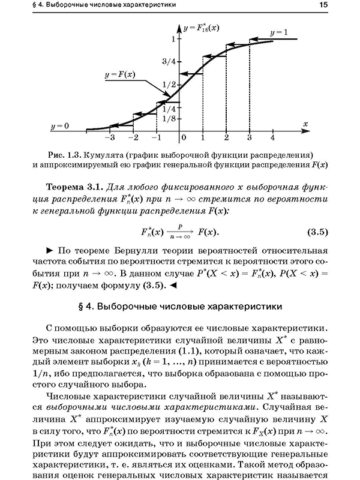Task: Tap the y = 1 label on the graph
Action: (279, 31)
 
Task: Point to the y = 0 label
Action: (60, 126)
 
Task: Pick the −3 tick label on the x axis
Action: (110, 138)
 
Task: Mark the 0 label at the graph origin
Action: (184, 138)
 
